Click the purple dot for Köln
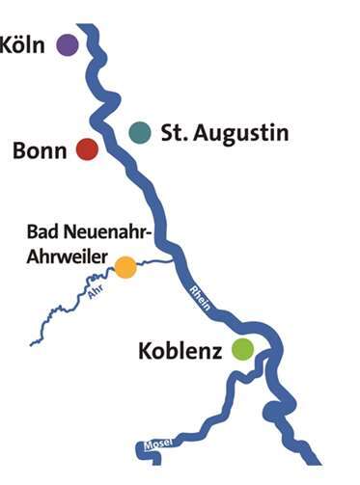coord(67,43)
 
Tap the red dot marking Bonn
coord(87,148)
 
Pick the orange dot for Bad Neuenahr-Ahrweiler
coord(125,266)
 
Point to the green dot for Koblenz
coord(242,349)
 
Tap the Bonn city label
coord(41,150)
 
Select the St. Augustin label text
coord(224,133)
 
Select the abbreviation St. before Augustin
coord(174,132)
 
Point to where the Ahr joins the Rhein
coord(174,258)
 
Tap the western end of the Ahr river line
coord(33,341)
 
